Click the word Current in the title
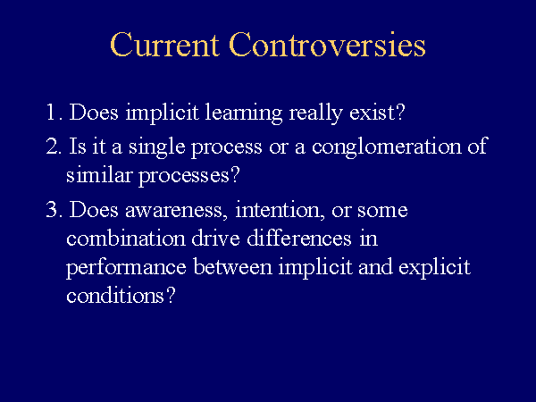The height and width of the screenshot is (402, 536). coord(164,45)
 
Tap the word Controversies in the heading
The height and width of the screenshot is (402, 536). coord(327,45)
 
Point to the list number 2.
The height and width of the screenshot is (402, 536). coord(54,146)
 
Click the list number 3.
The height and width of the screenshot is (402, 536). coord(54,209)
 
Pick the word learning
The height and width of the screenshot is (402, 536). coord(243,113)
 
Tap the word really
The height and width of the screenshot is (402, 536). coord(315,113)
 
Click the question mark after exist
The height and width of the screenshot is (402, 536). coord(399,112)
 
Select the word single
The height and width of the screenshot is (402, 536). coord(157,147)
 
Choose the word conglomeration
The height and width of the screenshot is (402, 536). coord(386,147)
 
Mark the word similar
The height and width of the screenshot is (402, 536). coord(99,175)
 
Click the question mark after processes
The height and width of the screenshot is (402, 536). coord(234,174)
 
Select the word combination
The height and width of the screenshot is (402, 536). coord(126,238)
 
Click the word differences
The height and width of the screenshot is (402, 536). coord(299,238)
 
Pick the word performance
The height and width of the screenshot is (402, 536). coord(126,268)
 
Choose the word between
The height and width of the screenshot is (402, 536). coord(233,266)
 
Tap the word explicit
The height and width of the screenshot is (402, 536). coord(434,268)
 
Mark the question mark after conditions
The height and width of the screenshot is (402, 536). coord(171,295)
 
